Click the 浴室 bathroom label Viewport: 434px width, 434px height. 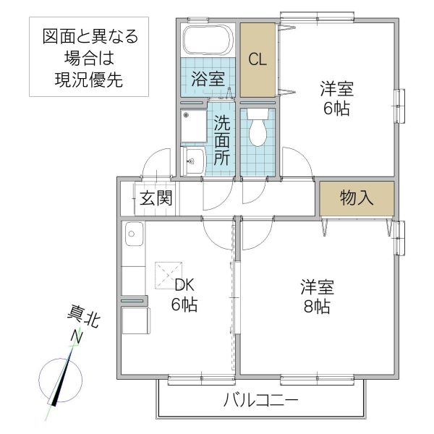(208, 80)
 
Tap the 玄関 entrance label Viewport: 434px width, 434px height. (156, 198)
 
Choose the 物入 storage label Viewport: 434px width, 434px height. (357, 198)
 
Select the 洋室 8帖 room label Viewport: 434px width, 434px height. (317, 296)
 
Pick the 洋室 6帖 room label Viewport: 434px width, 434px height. (337, 99)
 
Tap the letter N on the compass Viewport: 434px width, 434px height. (76, 337)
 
